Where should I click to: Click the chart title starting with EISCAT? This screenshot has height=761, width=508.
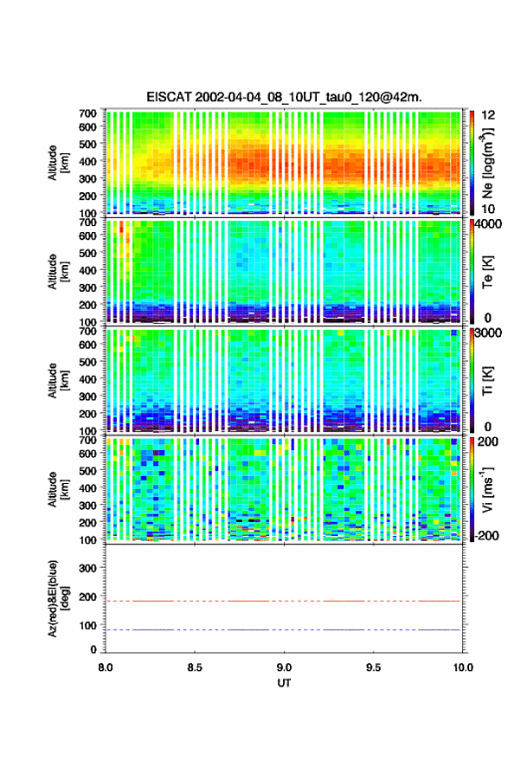[285, 97]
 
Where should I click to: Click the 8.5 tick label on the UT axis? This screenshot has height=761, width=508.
[195, 667]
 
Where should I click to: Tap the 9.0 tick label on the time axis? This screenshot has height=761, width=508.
[285, 667]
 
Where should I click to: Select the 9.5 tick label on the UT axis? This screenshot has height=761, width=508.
[373, 667]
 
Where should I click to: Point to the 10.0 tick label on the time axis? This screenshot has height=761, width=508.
[463, 667]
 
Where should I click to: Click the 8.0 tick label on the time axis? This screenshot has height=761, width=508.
[106, 667]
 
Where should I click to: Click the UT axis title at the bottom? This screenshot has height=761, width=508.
[285, 683]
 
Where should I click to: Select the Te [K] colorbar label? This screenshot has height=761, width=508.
[487, 272]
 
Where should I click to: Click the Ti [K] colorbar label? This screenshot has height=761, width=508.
[487, 381]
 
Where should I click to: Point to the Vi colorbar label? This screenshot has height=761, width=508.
[487, 489]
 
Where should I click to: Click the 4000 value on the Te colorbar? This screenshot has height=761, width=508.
[489, 224]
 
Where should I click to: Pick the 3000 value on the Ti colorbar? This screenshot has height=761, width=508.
[489, 333]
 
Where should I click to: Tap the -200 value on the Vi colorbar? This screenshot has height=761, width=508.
[486, 536]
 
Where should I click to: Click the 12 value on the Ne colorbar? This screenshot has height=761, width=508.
[488, 115]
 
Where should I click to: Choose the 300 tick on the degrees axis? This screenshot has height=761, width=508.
[88, 568]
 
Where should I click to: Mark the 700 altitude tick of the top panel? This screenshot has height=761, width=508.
[88, 113]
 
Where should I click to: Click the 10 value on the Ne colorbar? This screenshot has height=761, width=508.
[488, 210]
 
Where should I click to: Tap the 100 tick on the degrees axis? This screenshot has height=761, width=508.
[88, 626]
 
